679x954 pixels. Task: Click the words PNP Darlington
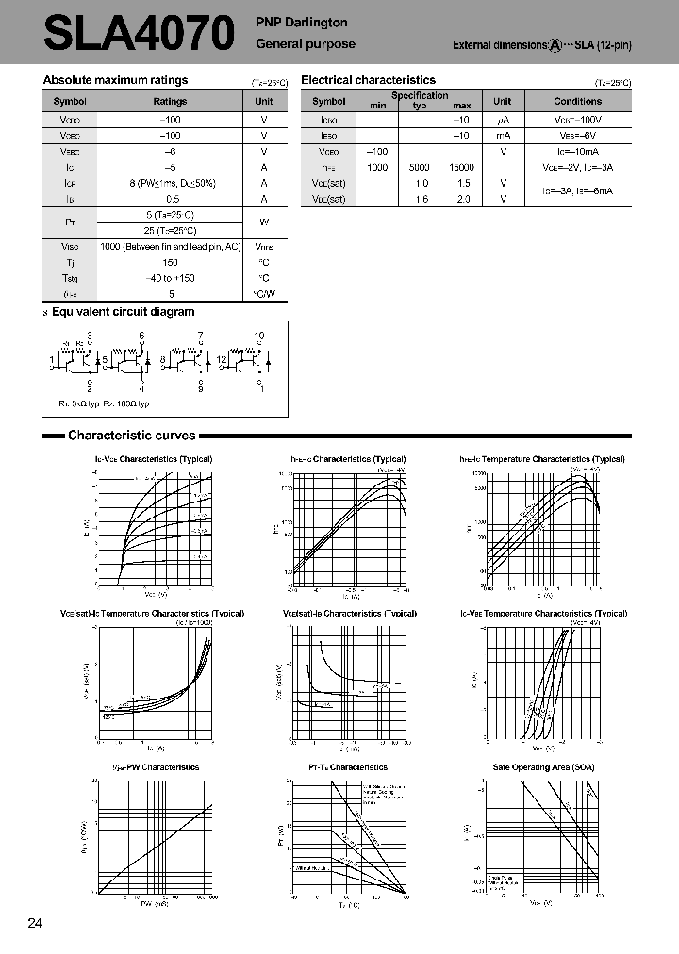(302, 23)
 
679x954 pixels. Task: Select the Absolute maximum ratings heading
(116, 81)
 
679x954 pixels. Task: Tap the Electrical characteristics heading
(368, 81)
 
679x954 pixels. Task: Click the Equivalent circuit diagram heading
(123, 312)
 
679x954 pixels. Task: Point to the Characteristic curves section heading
(131, 436)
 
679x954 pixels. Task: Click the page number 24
(35, 923)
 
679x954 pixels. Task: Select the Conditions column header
(577, 101)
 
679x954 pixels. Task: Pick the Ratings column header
(170, 101)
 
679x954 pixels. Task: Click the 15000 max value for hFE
(461, 167)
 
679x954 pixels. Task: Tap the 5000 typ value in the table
(421, 167)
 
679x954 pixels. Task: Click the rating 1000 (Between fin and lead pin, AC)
(170, 246)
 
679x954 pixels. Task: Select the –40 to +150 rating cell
(170, 278)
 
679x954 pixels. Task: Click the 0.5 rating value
(170, 199)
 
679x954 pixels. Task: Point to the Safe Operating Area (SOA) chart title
(543, 767)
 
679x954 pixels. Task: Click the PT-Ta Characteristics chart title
(348, 767)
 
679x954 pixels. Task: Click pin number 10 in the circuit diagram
(259, 336)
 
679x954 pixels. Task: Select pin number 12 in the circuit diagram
(222, 360)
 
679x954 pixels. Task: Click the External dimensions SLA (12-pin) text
(541, 45)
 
